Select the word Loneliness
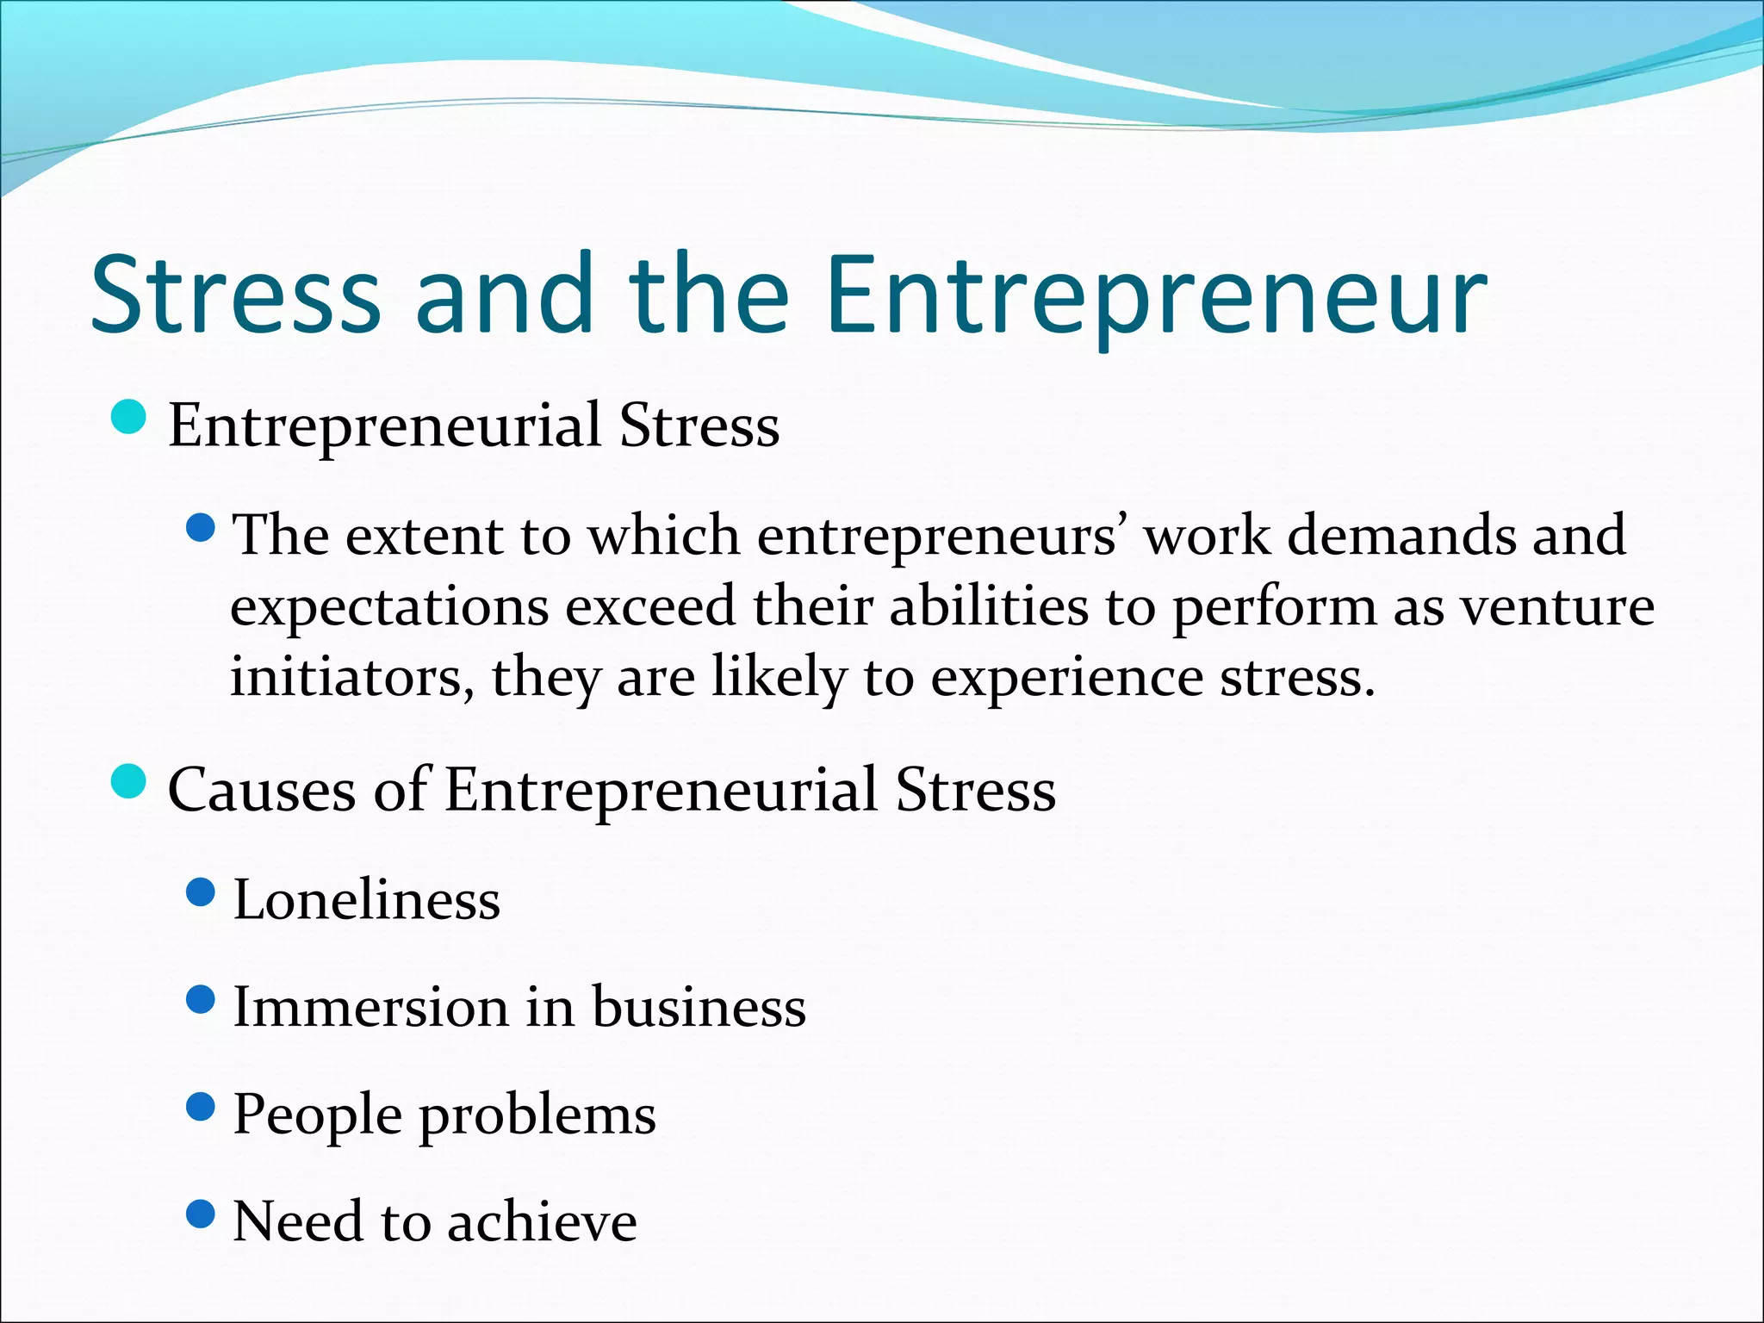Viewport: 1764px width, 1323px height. tap(367, 900)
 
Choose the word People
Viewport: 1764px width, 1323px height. tap(318, 1116)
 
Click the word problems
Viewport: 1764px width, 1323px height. tap(537, 1116)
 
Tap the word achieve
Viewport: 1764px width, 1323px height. tap(543, 1221)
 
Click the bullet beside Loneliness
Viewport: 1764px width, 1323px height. tap(200, 892)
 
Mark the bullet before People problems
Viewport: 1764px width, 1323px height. tap(200, 1107)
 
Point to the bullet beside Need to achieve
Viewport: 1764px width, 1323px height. tap(200, 1214)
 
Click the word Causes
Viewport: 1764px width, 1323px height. tap(262, 790)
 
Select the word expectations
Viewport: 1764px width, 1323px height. tap(389, 607)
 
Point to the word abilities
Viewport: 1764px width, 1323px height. tap(989, 606)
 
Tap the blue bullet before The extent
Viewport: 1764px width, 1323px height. tap(200, 527)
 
